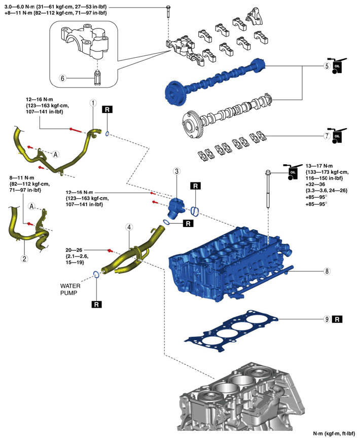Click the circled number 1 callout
tap(93, 103)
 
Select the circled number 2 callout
tap(24, 258)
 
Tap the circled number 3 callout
tap(177, 171)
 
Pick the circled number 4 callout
tap(129, 227)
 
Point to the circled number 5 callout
tap(327, 66)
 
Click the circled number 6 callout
tap(62, 78)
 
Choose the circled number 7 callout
tap(327, 135)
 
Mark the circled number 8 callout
tap(327, 271)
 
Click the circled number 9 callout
tap(327, 319)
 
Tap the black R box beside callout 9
tap(337, 319)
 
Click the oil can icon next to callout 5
tap(339, 66)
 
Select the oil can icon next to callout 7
tap(339, 135)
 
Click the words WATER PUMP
tap(70, 289)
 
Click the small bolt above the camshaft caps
tap(168, 12)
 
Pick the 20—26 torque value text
tap(74, 250)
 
